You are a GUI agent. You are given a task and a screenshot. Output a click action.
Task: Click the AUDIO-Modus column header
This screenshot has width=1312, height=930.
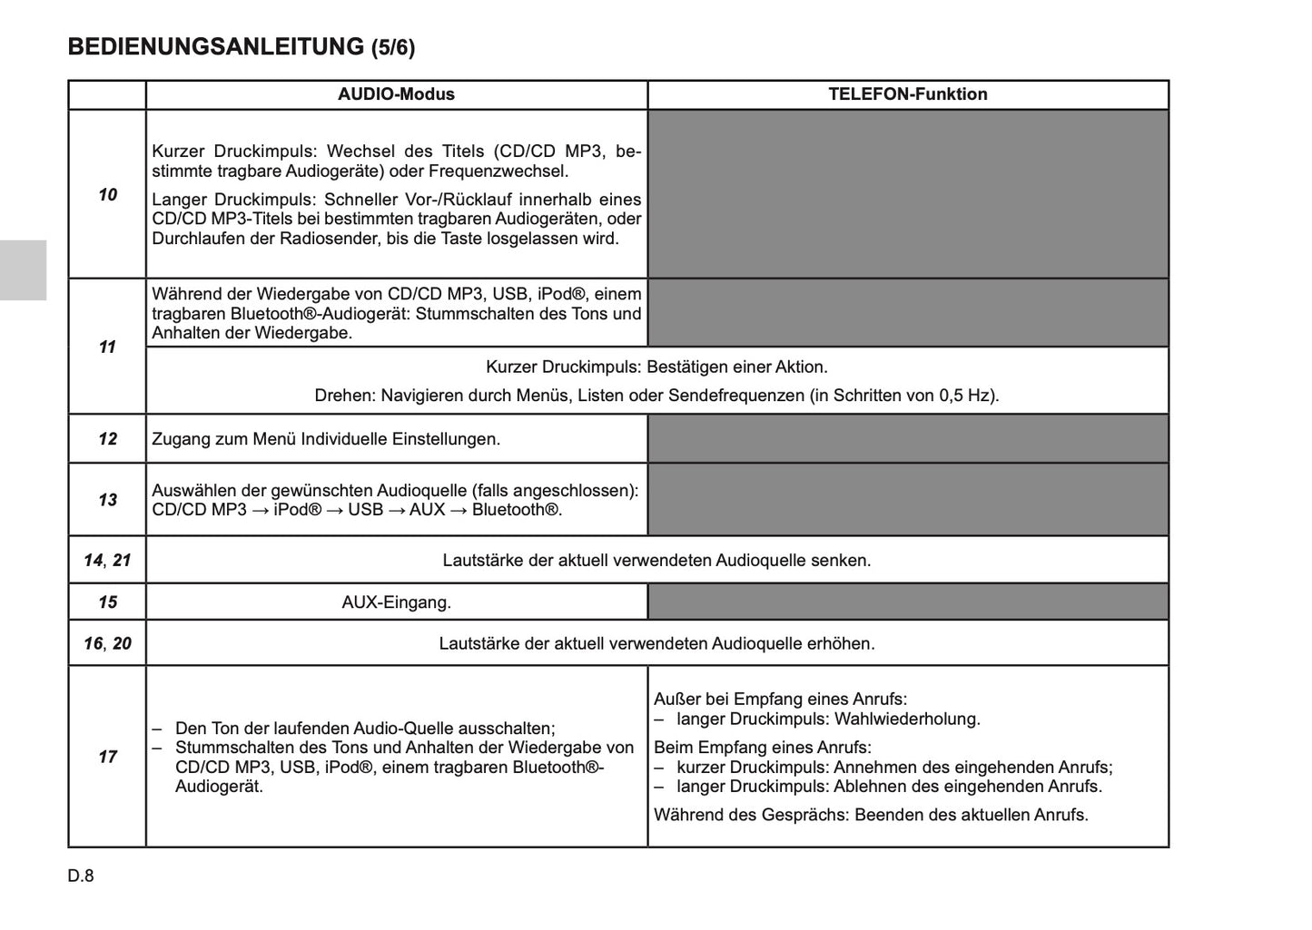[x=396, y=94]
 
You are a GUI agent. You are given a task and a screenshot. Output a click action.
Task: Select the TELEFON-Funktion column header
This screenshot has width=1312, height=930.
[x=907, y=94]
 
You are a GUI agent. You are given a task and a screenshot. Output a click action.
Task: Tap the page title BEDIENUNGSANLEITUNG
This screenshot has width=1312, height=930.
[x=216, y=47]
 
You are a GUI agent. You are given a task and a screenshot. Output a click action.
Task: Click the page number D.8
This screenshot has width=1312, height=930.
[x=81, y=876]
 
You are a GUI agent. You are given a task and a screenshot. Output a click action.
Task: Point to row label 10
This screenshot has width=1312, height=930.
[x=107, y=194]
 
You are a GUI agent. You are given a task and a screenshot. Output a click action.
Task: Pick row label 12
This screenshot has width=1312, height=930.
[x=107, y=439]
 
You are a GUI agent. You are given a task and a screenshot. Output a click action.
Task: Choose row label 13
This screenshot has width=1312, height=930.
[x=107, y=499]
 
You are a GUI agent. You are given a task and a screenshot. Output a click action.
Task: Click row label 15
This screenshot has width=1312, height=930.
[x=107, y=602]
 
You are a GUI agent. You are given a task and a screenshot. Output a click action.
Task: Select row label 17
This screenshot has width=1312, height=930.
[x=107, y=757]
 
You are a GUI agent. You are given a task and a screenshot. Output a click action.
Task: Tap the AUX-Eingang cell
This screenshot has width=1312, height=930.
[x=396, y=602]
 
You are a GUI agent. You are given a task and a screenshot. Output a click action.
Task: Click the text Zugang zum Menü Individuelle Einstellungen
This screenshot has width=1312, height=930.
[x=326, y=439]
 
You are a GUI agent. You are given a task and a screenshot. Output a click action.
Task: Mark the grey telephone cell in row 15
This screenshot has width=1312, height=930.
[x=907, y=602]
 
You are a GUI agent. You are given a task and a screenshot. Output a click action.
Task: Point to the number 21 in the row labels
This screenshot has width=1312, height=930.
[x=122, y=560]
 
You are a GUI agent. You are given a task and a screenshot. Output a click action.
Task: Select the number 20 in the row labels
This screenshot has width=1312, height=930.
[x=122, y=643]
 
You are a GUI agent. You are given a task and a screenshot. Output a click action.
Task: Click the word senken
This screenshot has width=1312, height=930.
[x=842, y=560]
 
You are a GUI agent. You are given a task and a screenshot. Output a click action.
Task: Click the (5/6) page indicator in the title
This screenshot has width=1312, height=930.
[x=393, y=48]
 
